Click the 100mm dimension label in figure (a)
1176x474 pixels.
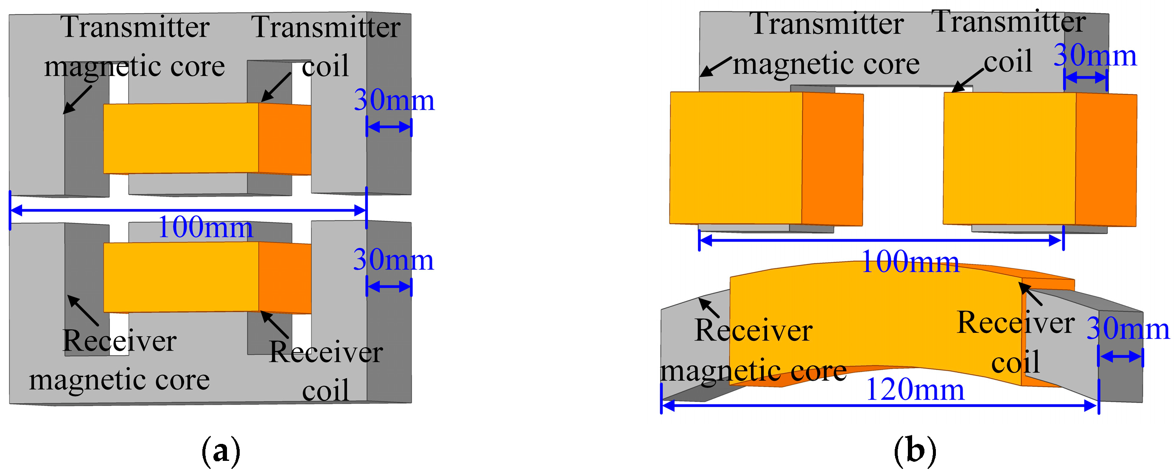(x=205, y=227)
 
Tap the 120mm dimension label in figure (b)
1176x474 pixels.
(x=915, y=390)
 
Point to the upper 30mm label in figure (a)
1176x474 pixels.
(x=394, y=100)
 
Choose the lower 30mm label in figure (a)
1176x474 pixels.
(x=393, y=260)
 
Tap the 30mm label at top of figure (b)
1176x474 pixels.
(x=1094, y=56)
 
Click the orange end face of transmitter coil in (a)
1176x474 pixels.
(x=284, y=139)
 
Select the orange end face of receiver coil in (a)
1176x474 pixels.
(x=284, y=277)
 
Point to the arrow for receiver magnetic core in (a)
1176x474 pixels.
(x=83, y=310)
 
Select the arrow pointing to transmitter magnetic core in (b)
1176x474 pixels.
(x=715, y=67)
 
